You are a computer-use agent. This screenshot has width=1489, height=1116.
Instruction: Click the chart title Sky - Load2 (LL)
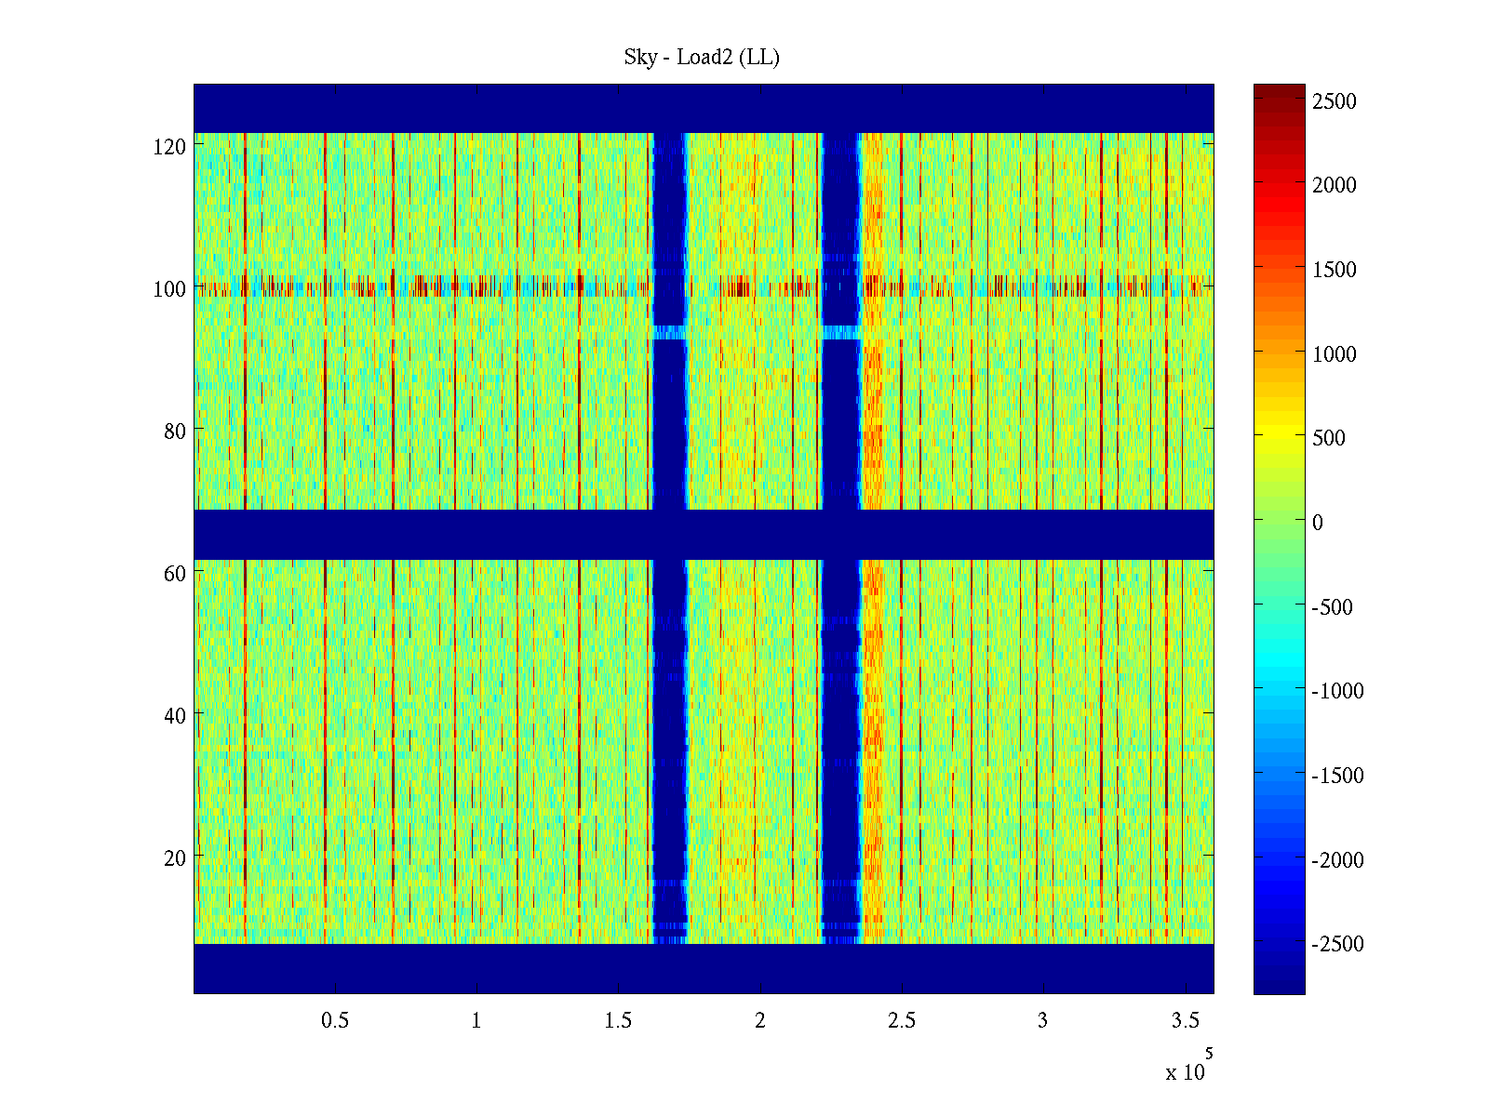click(x=702, y=58)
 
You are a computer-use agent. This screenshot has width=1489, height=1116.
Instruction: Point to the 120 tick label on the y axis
click(x=169, y=147)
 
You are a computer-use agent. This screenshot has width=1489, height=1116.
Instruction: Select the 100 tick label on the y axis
click(x=169, y=289)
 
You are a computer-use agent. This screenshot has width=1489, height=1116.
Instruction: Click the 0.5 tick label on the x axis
click(x=335, y=1021)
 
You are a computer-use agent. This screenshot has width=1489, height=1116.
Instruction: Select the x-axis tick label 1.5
click(x=618, y=1021)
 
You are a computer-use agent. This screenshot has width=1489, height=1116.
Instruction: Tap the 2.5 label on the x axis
click(x=902, y=1021)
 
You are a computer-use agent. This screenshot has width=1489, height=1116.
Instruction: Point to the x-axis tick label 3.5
click(x=1185, y=1021)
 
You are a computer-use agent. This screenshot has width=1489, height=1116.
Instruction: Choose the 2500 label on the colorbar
click(x=1335, y=101)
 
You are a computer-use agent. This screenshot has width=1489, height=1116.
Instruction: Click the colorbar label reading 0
click(x=1318, y=523)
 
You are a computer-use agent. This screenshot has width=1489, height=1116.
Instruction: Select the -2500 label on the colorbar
click(x=1337, y=944)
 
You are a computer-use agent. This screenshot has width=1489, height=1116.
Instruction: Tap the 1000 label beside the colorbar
click(x=1335, y=354)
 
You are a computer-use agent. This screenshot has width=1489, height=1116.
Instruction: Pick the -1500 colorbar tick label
click(x=1337, y=776)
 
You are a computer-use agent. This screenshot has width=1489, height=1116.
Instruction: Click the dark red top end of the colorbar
click(x=1279, y=89)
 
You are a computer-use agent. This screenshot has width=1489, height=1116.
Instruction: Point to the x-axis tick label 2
click(x=760, y=1021)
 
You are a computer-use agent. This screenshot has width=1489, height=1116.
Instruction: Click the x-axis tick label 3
click(x=1043, y=1021)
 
